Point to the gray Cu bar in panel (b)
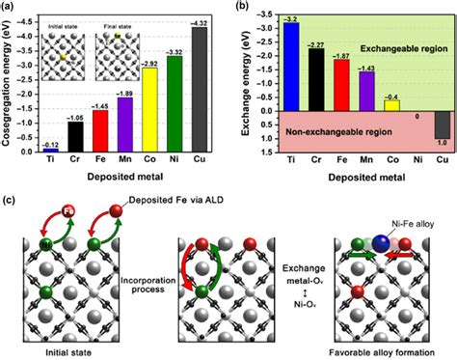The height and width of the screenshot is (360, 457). pos(442,125)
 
